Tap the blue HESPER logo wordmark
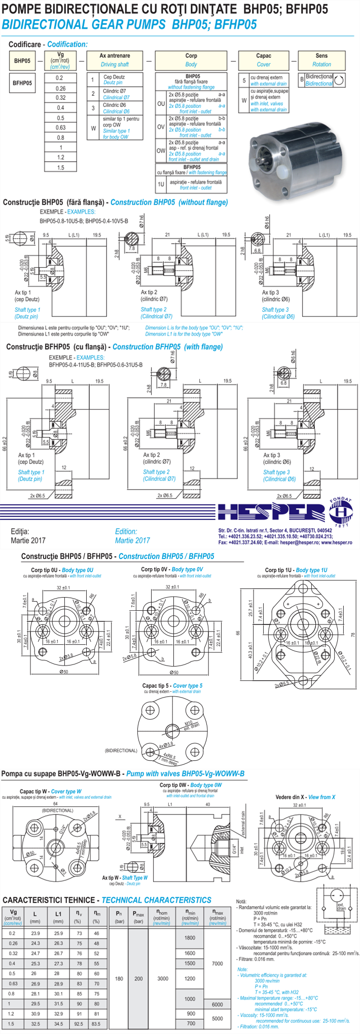(x=271, y=512)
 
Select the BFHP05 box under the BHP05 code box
(x=22, y=83)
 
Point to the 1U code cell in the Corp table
(x=161, y=184)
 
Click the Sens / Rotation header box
(x=321, y=60)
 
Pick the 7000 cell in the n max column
(x=218, y=964)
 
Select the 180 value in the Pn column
(x=119, y=979)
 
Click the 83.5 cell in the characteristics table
(x=96, y=1024)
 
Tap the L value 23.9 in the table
(x=35, y=934)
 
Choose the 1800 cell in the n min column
(x=190, y=938)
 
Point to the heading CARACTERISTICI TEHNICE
(x=49, y=900)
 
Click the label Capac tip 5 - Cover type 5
(x=172, y=686)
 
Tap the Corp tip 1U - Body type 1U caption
(x=296, y=570)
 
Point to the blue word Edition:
(x=126, y=532)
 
